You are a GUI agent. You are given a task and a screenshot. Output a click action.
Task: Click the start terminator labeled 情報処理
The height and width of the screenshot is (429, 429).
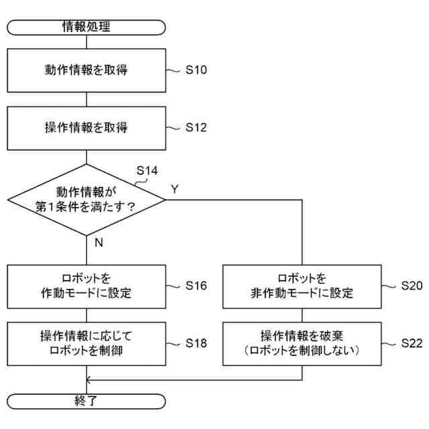pyautogui.click(x=86, y=27)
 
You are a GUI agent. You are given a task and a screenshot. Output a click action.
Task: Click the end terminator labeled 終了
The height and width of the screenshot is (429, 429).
pyautogui.click(x=86, y=402)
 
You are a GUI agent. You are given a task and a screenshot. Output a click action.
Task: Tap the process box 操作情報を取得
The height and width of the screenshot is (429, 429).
pyautogui.click(x=86, y=127)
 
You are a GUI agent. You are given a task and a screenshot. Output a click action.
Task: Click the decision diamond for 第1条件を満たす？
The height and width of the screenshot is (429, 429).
pyautogui.click(x=86, y=199)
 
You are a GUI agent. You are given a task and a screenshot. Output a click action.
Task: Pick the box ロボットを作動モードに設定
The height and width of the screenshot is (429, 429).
pyautogui.click(x=86, y=285)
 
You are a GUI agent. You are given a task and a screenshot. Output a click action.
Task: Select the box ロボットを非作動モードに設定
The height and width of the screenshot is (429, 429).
pyautogui.click(x=302, y=285)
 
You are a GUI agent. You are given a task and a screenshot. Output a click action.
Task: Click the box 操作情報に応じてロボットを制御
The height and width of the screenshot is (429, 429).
pyautogui.click(x=86, y=343)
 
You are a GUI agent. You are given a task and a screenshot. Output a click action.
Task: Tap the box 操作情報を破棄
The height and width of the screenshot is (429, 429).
pyautogui.click(x=302, y=343)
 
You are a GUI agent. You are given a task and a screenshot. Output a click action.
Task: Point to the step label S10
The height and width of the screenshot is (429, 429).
pyautogui.click(x=196, y=69)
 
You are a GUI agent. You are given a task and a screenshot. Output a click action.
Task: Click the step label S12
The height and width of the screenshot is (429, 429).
pyautogui.click(x=196, y=127)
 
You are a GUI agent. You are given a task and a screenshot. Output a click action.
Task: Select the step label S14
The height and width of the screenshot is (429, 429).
pyautogui.click(x=147, y=170)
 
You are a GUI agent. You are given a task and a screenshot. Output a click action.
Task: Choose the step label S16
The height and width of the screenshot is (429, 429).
pyautogui.click(x=196, y=285)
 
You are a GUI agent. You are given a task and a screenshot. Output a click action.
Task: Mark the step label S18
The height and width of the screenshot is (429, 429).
pyautogui.click(x=196, y=343)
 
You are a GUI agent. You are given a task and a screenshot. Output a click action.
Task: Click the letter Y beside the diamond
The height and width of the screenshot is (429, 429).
pyautogui.click(x=175, y=189)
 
